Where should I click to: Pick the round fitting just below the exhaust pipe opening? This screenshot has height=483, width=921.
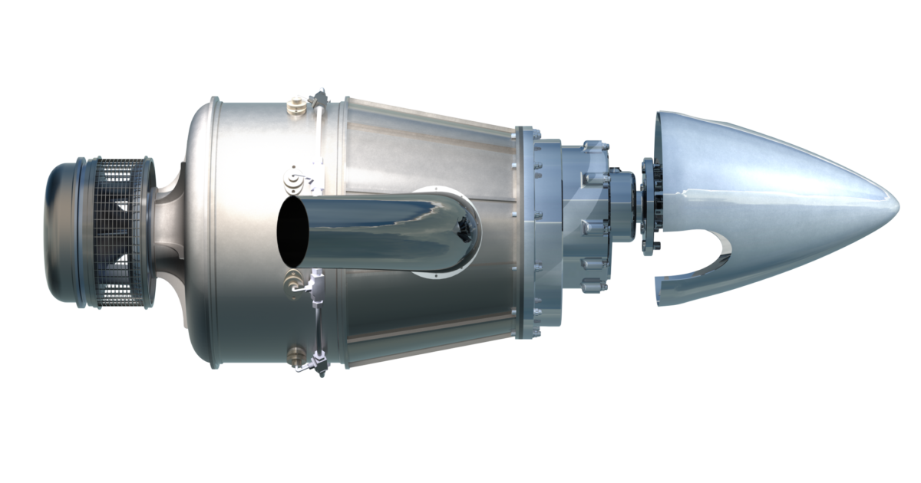(292, 278)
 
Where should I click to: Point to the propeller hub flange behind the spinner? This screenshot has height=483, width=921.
(652, 203)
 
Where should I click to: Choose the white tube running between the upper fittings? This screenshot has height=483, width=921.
(318, 138)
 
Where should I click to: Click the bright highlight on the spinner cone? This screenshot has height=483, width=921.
(767, 188)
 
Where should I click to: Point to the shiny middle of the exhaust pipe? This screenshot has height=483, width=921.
(368, 222)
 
